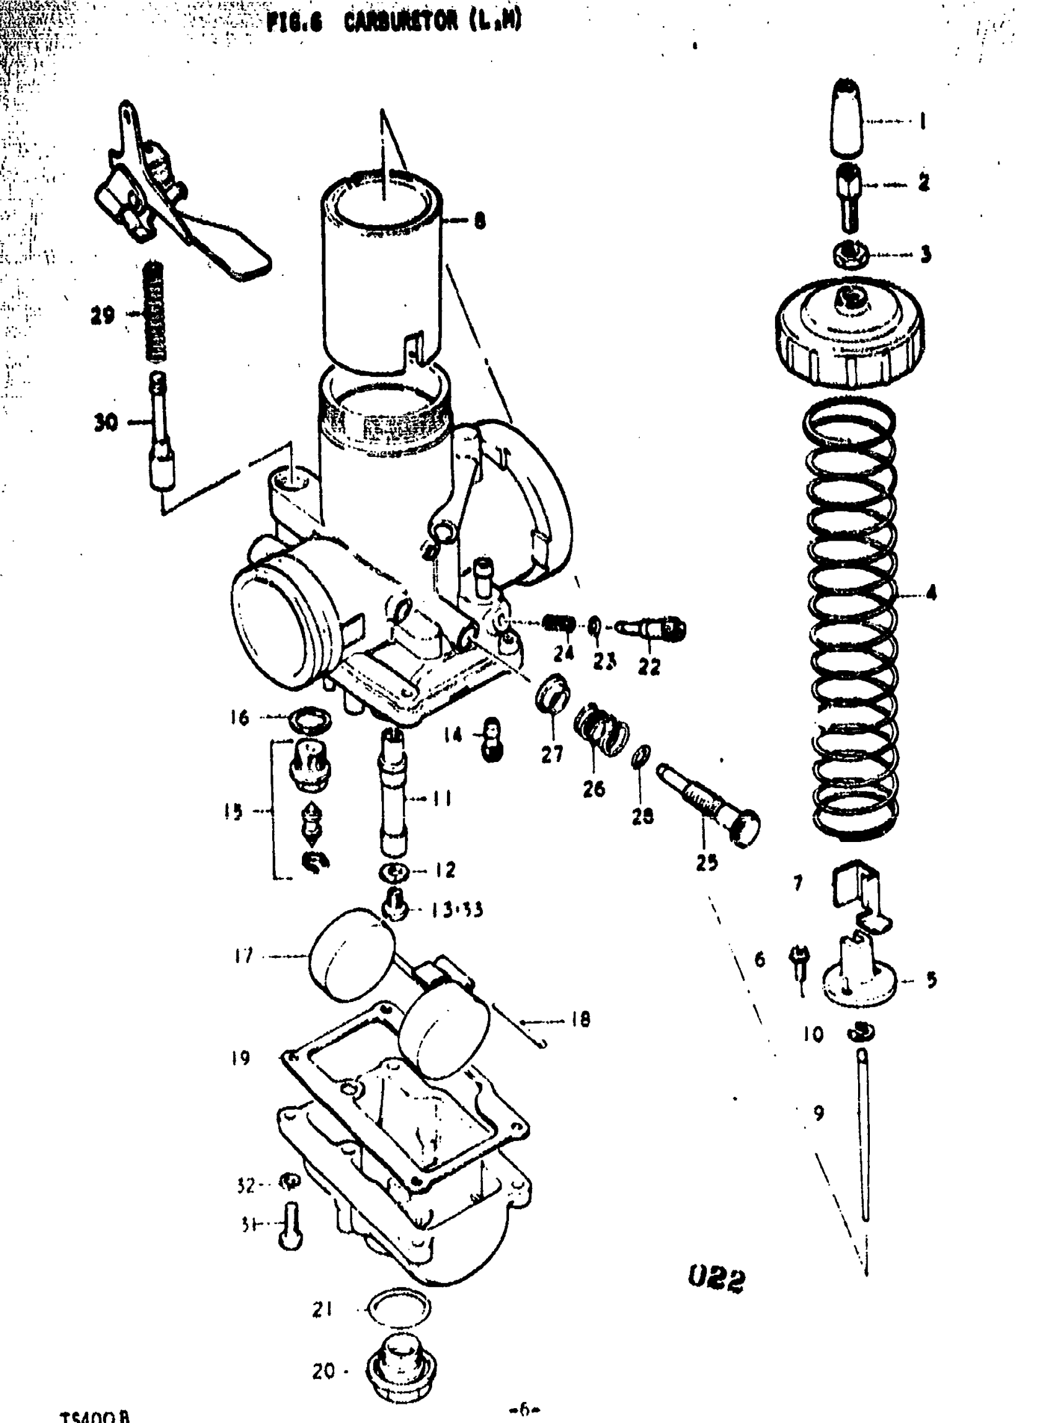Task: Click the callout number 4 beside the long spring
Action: pyautogui.click(x=931, y=593)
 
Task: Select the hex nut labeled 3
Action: pyautogui.click(x=851, y=255)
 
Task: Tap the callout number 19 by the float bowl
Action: pyautogui.click(x=241, y=1058)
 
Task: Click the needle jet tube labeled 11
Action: pyautogui.click(x=393, y=794)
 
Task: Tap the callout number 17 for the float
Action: pyautogui.click(x=243, y=956)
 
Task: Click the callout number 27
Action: pyautogui.click(x=552, y=754)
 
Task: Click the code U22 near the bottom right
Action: pyautogui.click(x=717, y=1279)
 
